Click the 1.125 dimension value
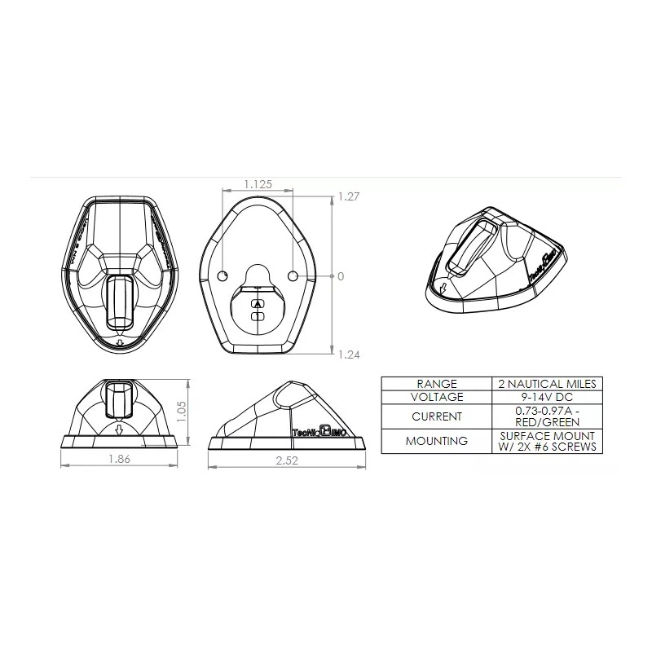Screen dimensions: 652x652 pos(258,185)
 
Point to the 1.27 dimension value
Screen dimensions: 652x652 pos(350,196)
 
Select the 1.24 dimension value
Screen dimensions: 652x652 pos(350,355)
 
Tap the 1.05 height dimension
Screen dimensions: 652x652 pos(182,411)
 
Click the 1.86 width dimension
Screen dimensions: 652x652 pos(120,459)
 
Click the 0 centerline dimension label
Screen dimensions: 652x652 pos(341,276)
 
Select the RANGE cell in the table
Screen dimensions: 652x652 pos(437,383)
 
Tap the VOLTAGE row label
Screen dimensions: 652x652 pos(437,397)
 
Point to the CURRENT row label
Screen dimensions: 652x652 pos(437,416)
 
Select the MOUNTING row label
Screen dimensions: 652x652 pos(437,441)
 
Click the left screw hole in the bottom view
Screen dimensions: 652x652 pos(223,275)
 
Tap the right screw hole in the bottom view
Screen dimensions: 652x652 pos(293,275)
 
